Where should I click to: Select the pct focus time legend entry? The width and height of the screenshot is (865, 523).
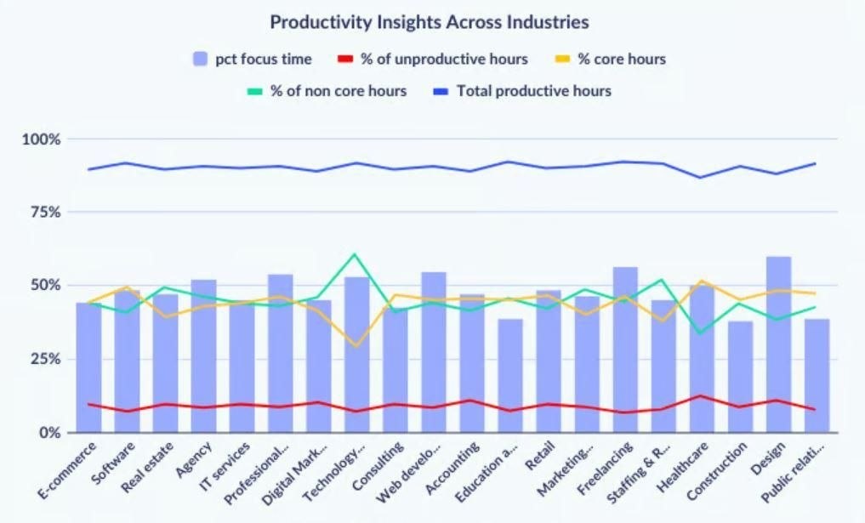253,60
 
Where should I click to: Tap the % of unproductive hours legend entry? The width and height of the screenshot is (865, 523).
433,60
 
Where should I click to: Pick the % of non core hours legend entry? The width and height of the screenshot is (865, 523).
327,90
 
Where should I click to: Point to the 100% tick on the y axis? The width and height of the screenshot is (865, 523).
41,139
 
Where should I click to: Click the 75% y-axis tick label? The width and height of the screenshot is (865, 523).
44,212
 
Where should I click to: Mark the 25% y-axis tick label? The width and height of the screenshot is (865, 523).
44,359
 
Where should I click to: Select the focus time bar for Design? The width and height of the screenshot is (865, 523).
777,344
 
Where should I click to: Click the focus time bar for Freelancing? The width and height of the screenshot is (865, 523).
625,350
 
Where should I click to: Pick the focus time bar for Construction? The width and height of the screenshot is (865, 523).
740,377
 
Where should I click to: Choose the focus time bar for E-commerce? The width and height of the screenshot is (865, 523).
88,367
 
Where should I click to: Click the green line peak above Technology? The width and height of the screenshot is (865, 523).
355,254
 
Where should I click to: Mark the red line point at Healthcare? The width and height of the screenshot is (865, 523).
700,395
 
